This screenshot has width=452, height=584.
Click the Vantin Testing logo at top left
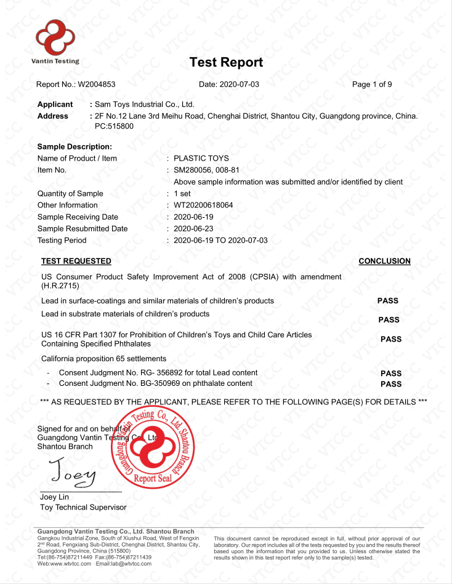[x=55, y=41]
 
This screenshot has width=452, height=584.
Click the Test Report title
[x=226, y=62]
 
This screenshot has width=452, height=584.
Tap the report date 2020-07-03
[x=240, y=84]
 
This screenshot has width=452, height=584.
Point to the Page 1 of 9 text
[x=372, y=84]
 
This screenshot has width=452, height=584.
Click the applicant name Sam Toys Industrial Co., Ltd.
[x=144, y=105]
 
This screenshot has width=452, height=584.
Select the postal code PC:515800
[x=114, y=126]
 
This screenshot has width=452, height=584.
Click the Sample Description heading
[x=75, y=146]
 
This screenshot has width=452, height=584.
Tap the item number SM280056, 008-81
[x=206, y=170]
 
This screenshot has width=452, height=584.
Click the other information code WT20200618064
[x=203, y=205]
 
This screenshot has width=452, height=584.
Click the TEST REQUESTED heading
[x=76, y=261]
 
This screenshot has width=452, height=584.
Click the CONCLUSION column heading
[x=384, y=261]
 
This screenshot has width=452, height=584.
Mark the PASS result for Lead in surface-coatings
[x=388, y=301]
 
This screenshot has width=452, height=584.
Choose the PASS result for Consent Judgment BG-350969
[x=391, y=384]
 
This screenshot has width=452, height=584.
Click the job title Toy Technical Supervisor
[x=83, y=507]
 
